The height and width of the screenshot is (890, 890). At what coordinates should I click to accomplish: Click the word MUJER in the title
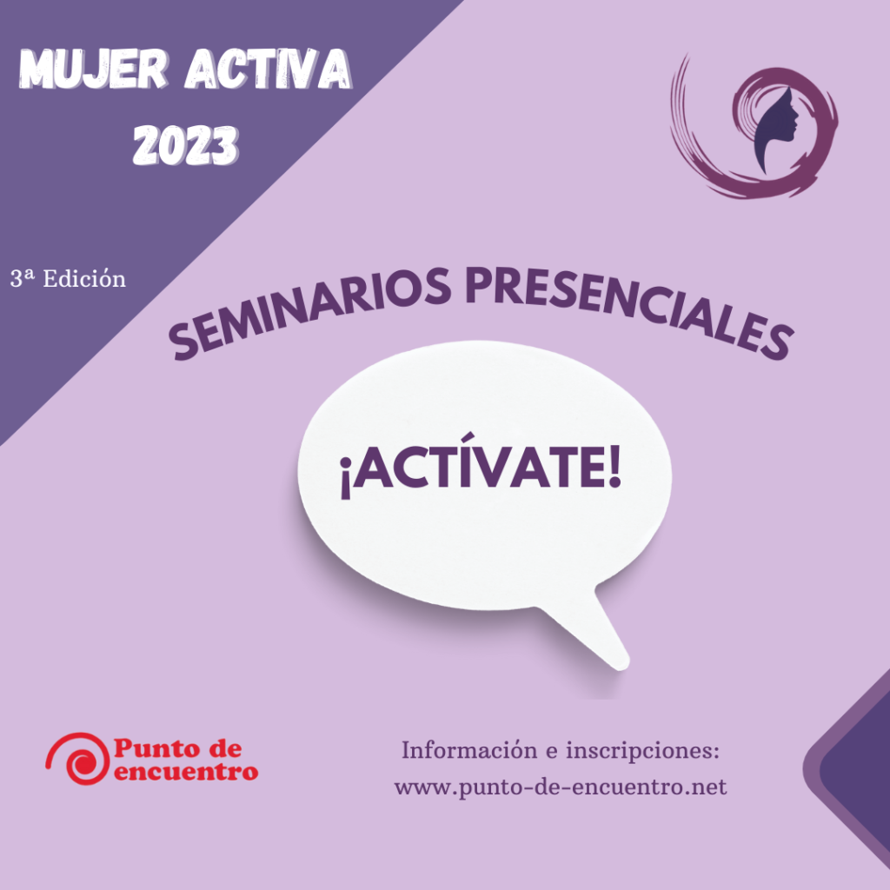(94, 70)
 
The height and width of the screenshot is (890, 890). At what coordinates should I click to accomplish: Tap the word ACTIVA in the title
(269, 70)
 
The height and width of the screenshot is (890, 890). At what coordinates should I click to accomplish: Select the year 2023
(186, 145)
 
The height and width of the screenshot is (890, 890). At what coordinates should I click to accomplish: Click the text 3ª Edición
(68, 279)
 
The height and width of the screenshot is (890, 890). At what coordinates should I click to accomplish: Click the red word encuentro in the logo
(186, 772)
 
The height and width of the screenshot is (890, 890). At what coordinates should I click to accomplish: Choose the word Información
(469, 750)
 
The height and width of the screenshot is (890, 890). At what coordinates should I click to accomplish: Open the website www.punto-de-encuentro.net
(561, 787)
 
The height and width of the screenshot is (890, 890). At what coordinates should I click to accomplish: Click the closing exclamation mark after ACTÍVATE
(614, 467)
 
